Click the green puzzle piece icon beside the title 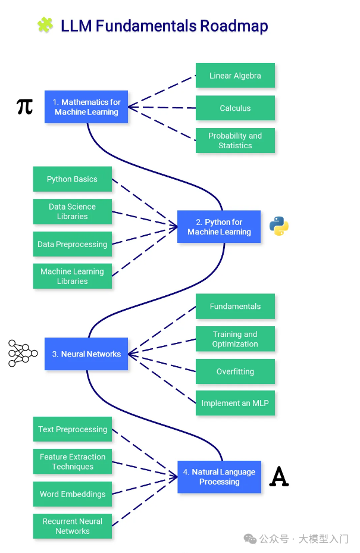45,25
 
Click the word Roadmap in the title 233,26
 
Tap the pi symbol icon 24,107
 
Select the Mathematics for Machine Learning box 86,107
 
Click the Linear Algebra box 235,76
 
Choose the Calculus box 235,108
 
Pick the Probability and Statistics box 235,140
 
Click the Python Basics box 72,179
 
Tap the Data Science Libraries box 72,211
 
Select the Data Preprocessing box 72,244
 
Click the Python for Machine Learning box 219,227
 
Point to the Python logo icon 278,226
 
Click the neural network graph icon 23,353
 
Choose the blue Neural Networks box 86,354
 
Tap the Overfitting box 235,371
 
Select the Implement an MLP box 235,403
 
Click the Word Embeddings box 72,494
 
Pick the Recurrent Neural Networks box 72,526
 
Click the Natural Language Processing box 219,477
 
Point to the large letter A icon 279,477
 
